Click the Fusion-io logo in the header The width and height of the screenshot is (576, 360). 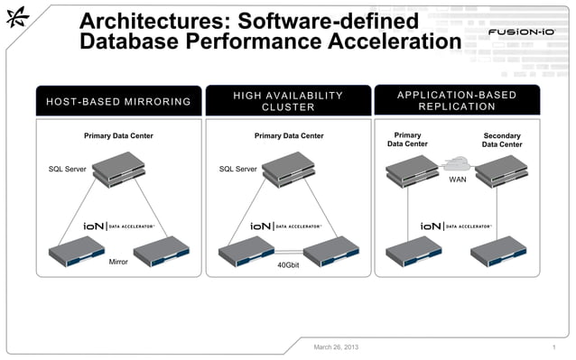click(x=521, y=32)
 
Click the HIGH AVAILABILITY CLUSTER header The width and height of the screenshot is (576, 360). click(x=288, y=101)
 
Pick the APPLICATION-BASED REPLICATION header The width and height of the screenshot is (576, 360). click(x=457, y=101)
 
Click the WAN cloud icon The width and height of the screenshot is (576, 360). click(x=458, y=165)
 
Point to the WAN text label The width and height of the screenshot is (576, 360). click(x=458, y=180)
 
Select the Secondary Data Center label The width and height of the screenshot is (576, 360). click(x=501, y=140)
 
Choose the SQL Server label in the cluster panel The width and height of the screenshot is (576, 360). click(x=238, y=169)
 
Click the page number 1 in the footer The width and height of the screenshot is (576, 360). click(x=552, y=346)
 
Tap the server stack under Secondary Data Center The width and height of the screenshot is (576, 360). click(x=501, y=171)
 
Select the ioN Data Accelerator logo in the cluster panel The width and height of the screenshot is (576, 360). click(x=288, y=226)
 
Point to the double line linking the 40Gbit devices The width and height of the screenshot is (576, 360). click(x=288, y=253)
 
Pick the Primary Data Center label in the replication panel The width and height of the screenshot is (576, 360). click(x=407, y=140)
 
